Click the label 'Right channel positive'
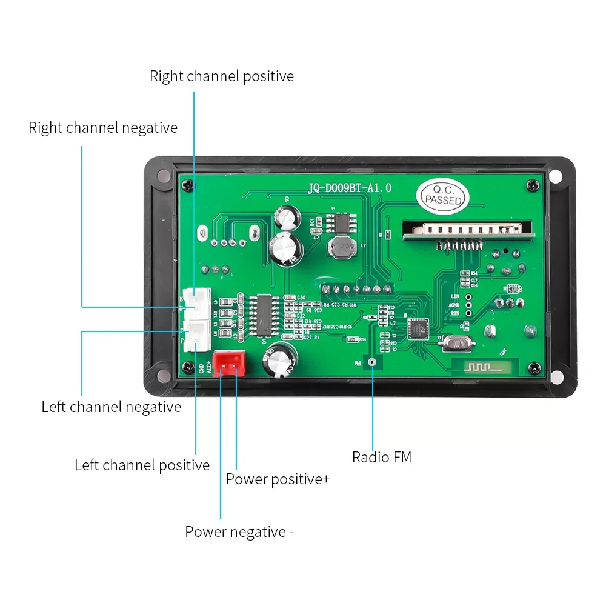pyautogui.click(x=222, y=76)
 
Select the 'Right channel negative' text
pyautogui.click(x=103, y=128)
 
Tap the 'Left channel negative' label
pyautogui.click(x=111, y=407)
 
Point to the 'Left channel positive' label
pyautogui.click(x=142, y=465)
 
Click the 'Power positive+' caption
pyautogui.click(x=278, y=479)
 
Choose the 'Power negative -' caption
pyautogui.click(x=239, y=531)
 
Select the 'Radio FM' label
pyautogui.click(x=381, y=457)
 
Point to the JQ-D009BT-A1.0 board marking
pyautogui.click(x=350, y=188)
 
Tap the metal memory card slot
pyautogui.click(x=468, y=230)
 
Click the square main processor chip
pyautogui.click(x=417, y=328)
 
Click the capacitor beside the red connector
pyautogui.click(x=279, y=361)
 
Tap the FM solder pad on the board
pyautogui.click(x=371, y=364)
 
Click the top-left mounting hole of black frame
pyautogui.click(x=162, y=176)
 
